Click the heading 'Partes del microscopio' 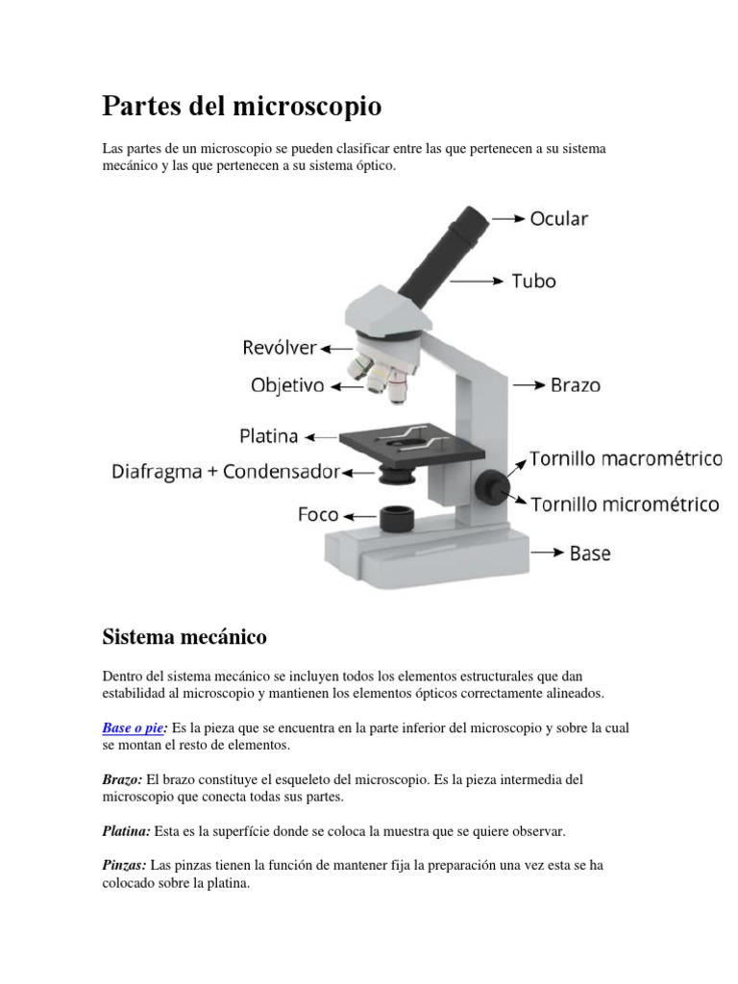[241, 106]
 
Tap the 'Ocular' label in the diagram [558, 218]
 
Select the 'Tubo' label [533, 282]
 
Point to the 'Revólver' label [279, 347]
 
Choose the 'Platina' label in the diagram [268, 436]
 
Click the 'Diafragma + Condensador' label [226, 472]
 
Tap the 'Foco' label [317, 515]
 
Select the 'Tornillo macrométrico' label [626, 459]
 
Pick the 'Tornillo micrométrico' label [626, 504]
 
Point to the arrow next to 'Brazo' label [529, 384]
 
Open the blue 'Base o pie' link [133, 728]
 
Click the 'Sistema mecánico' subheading [184, 636]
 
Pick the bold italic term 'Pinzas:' [124, 865]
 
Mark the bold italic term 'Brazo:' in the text [122, 779]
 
